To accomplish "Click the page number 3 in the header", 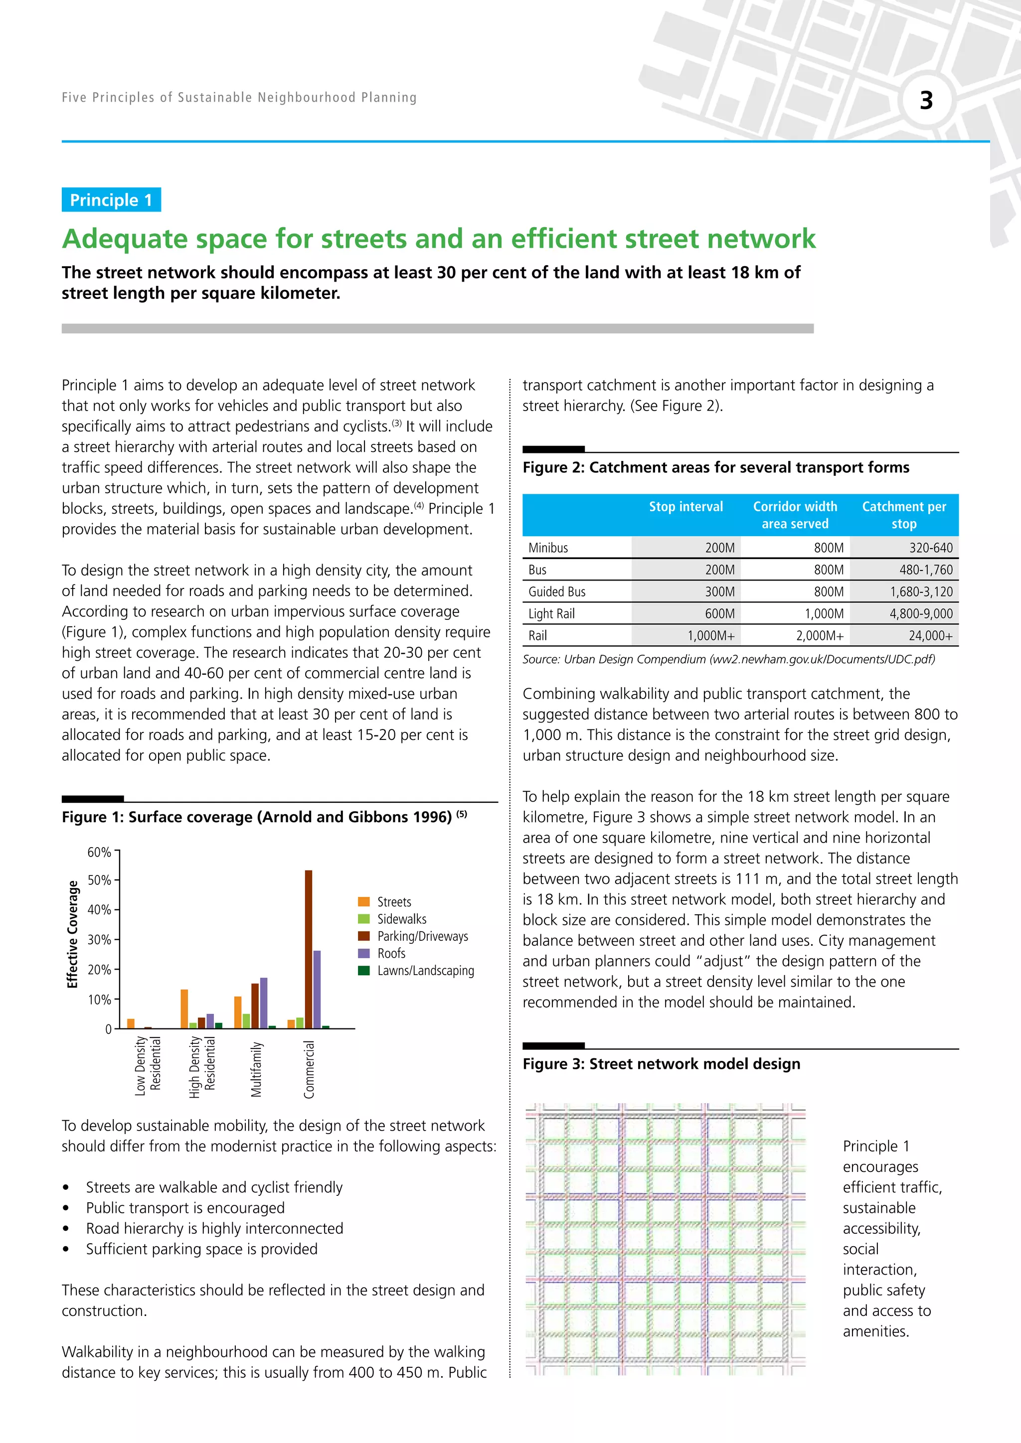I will pos(926,101).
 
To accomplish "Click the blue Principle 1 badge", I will pos(111,200).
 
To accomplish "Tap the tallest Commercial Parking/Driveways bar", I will pos(309,949).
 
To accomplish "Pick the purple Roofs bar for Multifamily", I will pos(263,1003).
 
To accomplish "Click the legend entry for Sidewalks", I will pos(401,919).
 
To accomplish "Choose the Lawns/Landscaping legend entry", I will pos(425,970).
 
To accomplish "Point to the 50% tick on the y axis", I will pos(99,880).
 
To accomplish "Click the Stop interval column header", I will pos(685,507).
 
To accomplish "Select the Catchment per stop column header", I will pos(903,515).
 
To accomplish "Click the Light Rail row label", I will pos(551,613).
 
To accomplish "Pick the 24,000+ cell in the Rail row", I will pos(930,635).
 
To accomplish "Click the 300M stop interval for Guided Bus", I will pos(719,591).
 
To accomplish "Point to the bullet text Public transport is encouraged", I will pos(185,1207).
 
